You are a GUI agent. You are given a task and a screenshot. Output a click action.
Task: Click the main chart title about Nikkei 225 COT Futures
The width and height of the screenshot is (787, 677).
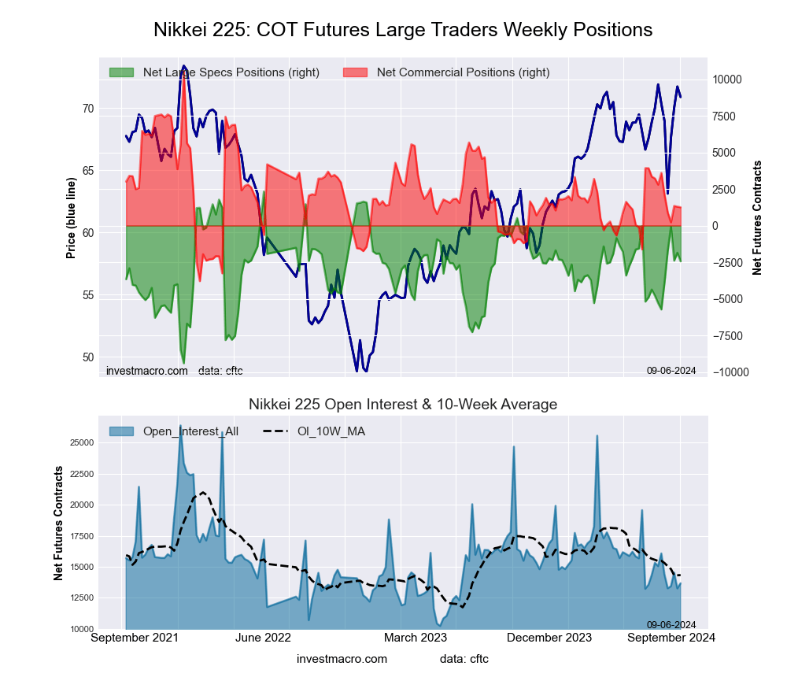tap(402, 30)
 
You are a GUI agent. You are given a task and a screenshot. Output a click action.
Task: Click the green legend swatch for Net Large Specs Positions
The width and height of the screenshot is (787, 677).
tap(121, 72)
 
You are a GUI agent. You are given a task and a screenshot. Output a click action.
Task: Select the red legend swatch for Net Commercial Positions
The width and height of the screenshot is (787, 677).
tap(356, 72)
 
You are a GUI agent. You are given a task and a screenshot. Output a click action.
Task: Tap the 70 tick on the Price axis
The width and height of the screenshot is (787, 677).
tap(88, 109)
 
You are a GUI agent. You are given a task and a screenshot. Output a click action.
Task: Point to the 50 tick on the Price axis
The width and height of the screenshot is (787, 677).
tap(88, 357)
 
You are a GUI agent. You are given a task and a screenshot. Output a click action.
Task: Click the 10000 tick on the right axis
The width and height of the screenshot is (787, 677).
tap(727, 80)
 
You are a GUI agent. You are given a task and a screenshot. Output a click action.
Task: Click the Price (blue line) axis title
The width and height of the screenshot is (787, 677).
tap(71, 218)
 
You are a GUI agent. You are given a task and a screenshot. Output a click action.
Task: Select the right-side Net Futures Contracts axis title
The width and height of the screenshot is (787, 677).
tap(757, 218)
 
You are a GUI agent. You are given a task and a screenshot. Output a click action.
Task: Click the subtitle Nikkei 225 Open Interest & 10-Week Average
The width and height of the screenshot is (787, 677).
tap(402, 405)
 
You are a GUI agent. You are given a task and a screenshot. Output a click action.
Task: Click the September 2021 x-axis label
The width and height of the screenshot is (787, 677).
tap(131, 638)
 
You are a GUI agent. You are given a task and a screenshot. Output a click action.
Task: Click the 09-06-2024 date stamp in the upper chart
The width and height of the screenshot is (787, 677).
tap(671, 370)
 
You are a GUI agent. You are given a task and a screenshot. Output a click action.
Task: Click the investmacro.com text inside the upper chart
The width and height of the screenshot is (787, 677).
tap(146, 370)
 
